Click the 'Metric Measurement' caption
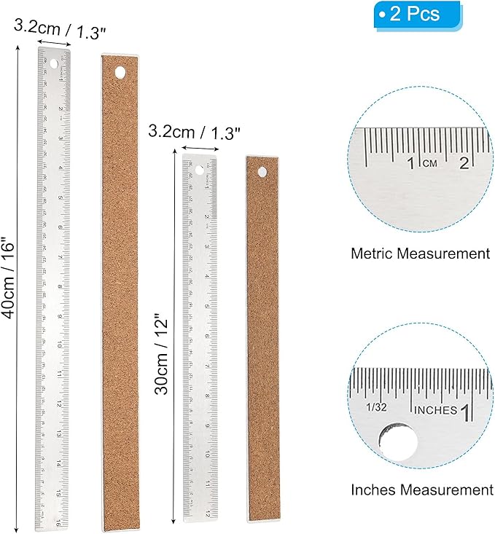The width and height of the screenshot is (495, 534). [x=420, y=254]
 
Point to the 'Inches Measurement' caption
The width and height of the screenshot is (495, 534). [x=421, y=490]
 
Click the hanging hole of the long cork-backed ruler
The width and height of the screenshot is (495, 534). [x=119, y=72]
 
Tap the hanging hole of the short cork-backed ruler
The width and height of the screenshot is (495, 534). [x=260, y=172]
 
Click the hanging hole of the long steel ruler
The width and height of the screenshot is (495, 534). [x=53, y=65]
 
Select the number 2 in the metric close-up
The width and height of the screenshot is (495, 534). [x=464, y=162]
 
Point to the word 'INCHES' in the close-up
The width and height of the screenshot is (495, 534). [x=435, y=410]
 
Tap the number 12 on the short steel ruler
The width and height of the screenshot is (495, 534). [x=208, y=512]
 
